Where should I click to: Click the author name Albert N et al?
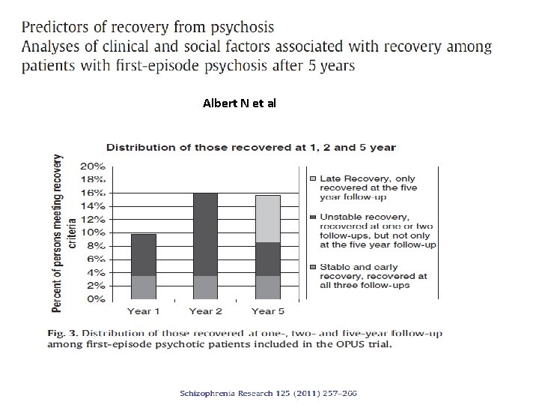coord(239,103)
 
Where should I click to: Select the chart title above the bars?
coord(251,148)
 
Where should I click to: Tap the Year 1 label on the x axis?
coord(144,310)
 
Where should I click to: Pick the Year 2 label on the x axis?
coord(205,310)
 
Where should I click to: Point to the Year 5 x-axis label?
coord(267,310)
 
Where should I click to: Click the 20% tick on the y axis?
coord(94,166)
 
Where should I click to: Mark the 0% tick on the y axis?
coord(96,299)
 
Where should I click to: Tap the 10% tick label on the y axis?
coord(94,232)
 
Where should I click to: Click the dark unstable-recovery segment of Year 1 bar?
coord(144,255)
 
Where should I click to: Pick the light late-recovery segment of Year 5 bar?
coord(267,218)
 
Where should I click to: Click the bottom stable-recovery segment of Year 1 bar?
coord(144,287)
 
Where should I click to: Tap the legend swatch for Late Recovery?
coord(314,178)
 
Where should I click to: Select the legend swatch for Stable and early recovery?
coord(314,267)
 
